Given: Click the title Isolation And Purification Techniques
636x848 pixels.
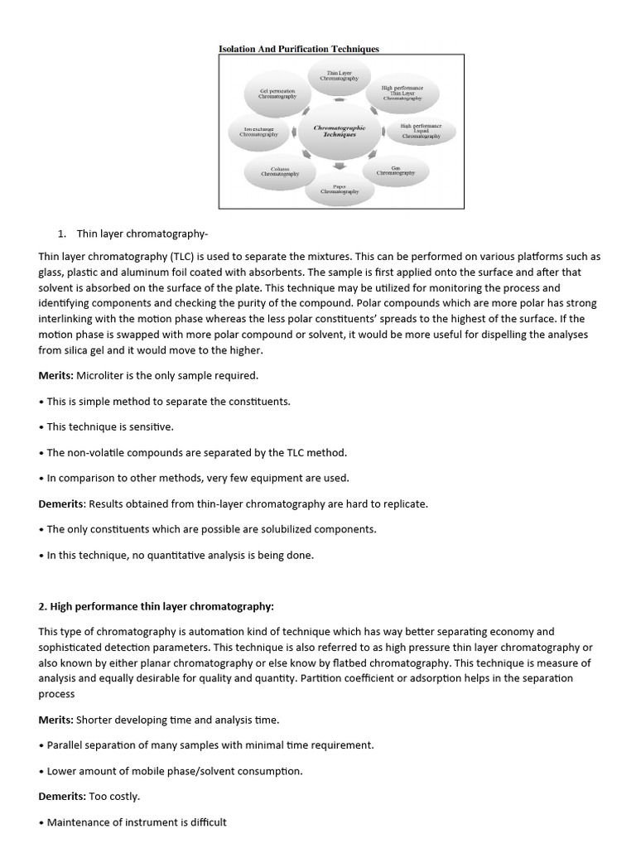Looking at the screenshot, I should [298, 49].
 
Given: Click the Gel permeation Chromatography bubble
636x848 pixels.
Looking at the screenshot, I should [277, 93].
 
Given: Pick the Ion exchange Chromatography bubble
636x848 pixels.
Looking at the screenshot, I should [258, 132].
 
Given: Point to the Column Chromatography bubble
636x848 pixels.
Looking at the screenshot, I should [279, 171].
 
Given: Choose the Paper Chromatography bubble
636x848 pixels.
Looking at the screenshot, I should [339, 189].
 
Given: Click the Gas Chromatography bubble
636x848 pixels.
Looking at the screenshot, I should [395, 171].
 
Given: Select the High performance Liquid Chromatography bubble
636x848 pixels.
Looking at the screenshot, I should [420, 131].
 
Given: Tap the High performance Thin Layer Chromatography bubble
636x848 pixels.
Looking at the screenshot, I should [402, 92].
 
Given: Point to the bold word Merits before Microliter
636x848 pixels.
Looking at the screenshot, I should [56, 375].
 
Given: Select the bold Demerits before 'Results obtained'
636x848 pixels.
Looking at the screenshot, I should [62, 503].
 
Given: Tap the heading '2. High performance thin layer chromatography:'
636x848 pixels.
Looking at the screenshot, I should [156, 606].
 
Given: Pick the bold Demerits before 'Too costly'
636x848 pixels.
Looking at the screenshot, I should [62, 796].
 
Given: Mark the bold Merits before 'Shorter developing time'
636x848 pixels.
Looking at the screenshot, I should [56, 719].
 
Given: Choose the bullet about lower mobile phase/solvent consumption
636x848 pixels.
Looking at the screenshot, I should [171, 770].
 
